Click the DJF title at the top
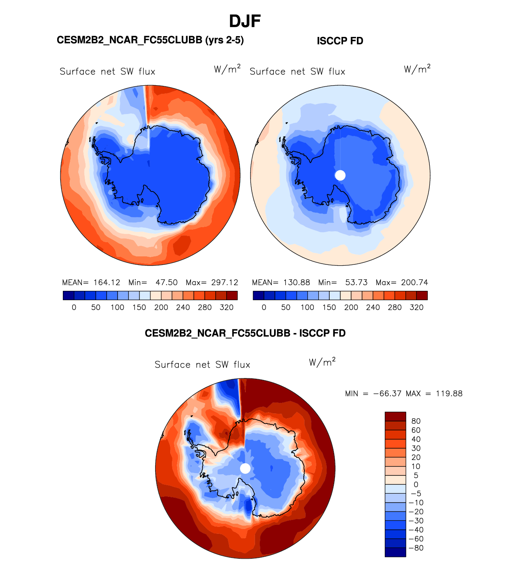[244, 21]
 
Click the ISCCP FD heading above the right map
[340, 41]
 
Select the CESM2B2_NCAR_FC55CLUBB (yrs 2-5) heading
[150, 40]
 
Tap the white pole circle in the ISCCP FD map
[340, 175]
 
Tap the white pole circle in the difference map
[245, 469]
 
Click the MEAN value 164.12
[107, 282]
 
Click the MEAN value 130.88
[297, 282]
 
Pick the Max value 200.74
[414, 282]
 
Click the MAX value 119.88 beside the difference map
[449, 393]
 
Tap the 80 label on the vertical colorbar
[416, 421]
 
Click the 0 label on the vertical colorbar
[416, 484]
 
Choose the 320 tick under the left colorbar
[227, 307]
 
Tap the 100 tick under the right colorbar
[307, 307]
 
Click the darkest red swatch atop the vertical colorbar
[395, 417]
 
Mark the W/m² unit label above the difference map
[322, 362]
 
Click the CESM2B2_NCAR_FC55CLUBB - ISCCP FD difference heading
[245, 333]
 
